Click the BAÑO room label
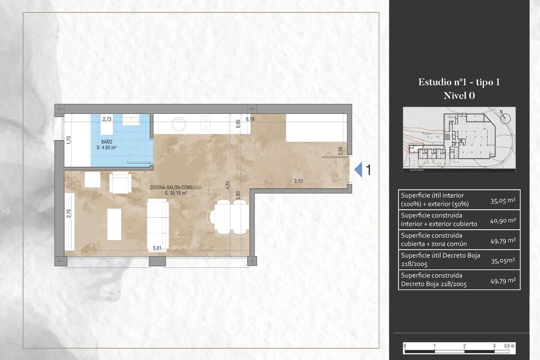pos(107,142)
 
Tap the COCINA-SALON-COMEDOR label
pos(176,187)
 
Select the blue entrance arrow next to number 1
pos(358,170)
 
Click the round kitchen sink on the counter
pos(179,124)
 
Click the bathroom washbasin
pos(131,121)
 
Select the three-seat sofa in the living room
pos(158,224)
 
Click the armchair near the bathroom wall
pos(120,183)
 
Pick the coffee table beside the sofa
pos(114,224)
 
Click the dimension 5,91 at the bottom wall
pos(157,248)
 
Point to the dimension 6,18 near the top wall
pos(250,119)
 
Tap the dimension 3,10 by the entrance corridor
pos(298,181)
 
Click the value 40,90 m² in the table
pos(503,220)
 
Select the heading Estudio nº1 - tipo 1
pos(459,82)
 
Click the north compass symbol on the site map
pos(505,118)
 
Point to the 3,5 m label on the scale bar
pos(509,346)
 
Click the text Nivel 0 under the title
pos(459,96)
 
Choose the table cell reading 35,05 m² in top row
pos(503,201)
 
